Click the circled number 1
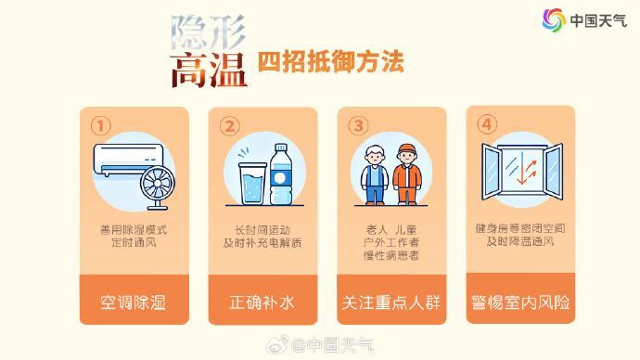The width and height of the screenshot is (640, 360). click(x=100, y=125)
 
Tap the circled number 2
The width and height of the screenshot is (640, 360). click(x=229, y=125)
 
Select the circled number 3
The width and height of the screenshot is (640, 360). click(x=358, y=125)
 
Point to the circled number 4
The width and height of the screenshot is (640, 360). click(x=487, y=124)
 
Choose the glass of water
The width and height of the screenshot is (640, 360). click(x=253, y=184)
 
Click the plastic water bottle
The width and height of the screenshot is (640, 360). click(x=281, y=174)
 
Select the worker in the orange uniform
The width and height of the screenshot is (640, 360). click(x=407, y=174)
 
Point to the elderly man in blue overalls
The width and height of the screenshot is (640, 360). click(x=375, y=175)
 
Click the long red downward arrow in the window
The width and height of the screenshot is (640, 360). click(x=521, y=168)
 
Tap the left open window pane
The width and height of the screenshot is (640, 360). click(x=492, y=172)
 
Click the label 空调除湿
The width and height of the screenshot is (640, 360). click(x=134, y=302)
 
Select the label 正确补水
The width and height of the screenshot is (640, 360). click(x=262, y=302)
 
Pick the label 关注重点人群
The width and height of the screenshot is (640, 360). click(x=391, y=302)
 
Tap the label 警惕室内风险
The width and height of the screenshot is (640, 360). click(x=520, y=302)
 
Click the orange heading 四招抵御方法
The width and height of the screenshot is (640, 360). click(x=330, y=61)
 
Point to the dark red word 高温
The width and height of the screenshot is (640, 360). click(x=209, y=71)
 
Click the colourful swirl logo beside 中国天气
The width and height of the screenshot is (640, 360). click(x=554, y=19)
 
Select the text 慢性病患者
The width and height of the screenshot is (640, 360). click(x=391, y=255)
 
